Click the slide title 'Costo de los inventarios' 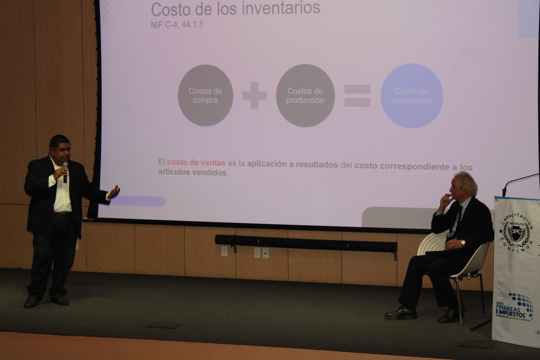point(235,9)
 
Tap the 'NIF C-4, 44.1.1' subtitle point(177,25)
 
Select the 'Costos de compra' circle point(205,96)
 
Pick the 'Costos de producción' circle point(305,96)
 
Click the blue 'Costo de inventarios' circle point(411,96)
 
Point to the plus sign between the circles point(254,96)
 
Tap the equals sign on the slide point(357,96)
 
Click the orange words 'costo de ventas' point(196,163)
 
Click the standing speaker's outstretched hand point(114,192)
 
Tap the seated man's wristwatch point(463,242)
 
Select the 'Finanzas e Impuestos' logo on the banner point(514,308)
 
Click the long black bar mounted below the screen point(305,243)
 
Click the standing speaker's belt point(63,214)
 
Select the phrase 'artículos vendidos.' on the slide point(193,172)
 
